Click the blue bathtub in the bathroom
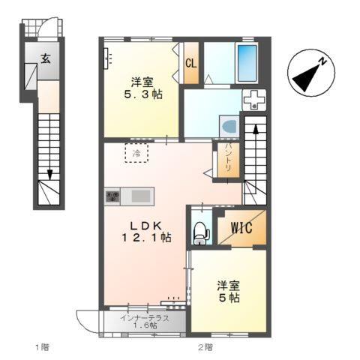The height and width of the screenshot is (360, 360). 247,63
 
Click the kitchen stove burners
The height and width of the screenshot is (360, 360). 112,196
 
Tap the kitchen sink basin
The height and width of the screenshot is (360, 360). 139,196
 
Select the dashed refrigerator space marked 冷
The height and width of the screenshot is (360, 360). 136,153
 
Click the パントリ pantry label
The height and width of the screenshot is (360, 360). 229,160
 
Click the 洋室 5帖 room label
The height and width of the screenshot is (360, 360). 228,291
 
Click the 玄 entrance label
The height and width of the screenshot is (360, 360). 45,58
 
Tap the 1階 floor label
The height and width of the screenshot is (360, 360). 41,346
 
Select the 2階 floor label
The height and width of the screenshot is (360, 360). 205,346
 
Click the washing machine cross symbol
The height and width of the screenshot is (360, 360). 254,99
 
